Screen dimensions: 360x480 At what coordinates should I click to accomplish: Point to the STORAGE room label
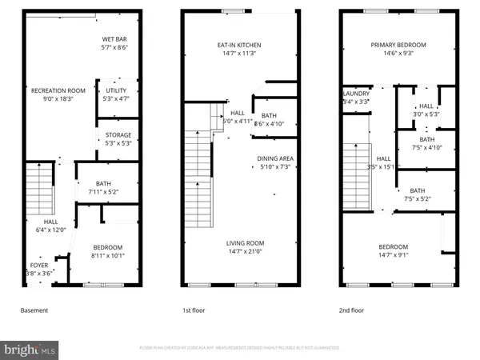(x=118, y=135)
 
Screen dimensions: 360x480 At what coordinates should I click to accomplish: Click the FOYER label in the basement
(x=38, y=265)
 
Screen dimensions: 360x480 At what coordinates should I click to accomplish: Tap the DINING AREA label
(x=275, y=158)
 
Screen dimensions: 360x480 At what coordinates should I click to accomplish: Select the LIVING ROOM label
(x=245, y=243)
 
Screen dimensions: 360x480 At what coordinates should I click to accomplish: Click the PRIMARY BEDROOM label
(x=398, y=46)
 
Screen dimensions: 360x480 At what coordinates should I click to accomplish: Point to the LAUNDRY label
(x=356, y=94)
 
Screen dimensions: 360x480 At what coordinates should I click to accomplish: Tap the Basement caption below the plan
(x=34, y=310)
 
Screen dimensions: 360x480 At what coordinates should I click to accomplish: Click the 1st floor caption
(x=196, y=310)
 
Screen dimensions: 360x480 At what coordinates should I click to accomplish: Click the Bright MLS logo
(x=30, y=350)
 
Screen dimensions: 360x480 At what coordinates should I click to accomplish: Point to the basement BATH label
(x=103, y=183)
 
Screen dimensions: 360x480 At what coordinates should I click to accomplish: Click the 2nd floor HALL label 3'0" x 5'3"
(x=426, y=106)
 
